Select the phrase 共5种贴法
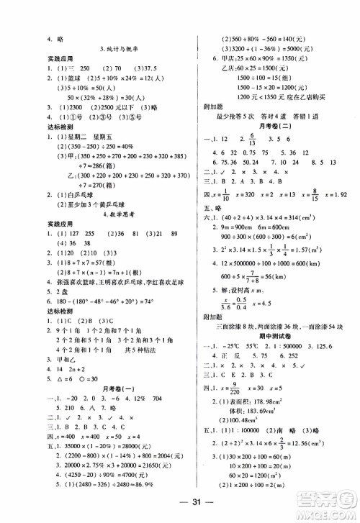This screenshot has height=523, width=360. (135, 344)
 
